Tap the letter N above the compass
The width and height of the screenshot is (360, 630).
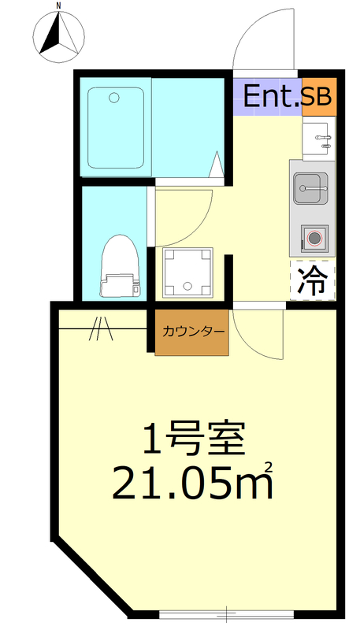pos(59,6)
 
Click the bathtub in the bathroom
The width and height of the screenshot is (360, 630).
pos(115,128)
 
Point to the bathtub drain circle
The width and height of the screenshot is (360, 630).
pos(115,98)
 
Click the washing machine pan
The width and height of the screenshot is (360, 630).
pos(187,272)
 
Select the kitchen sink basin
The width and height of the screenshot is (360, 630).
pos(310,188)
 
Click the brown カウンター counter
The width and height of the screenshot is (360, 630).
pos(191,331)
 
